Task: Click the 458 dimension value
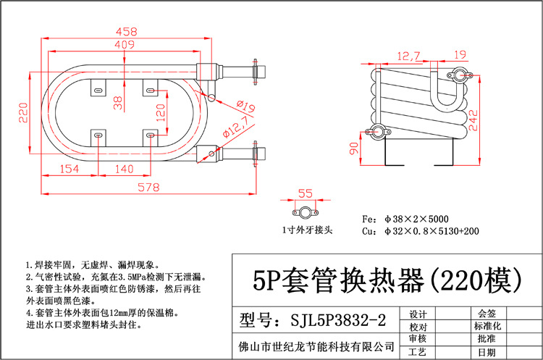coord(127,32)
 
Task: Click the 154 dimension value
coord(68,169)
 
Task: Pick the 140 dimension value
coord(125,169)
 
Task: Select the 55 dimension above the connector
coord(305,193)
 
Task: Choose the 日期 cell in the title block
coord(487,351)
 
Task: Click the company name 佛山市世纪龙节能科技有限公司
coord(317,346)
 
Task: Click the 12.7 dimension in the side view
coord(408,55)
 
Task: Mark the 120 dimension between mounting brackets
coord(161,112)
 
